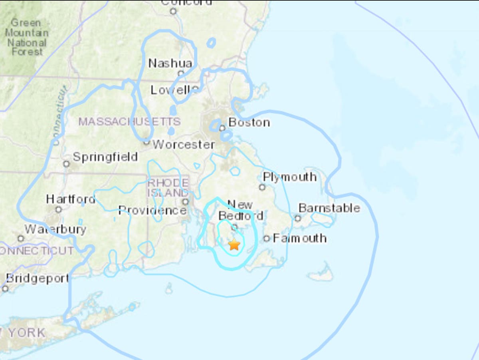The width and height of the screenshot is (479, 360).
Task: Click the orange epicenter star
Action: coord(234,244)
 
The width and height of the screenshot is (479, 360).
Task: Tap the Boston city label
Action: coord(249,122)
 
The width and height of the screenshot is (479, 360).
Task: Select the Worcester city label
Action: coord(184,144)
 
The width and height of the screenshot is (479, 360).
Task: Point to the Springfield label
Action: coord(105,157)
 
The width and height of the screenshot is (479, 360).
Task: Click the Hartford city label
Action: coord(70,199)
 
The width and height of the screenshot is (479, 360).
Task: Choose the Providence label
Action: coord(152,210)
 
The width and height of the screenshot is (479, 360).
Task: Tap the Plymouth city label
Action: coord(290,177)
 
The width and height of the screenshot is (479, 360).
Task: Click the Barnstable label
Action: coord(329,208)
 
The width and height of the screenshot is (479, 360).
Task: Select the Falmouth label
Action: coord(300,239)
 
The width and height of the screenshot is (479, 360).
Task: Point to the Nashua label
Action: coord(170,63)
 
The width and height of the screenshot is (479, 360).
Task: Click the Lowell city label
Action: coord(171,90)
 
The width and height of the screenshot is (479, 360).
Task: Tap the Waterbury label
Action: coord(55,229)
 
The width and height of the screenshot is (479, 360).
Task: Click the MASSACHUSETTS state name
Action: coord(129,121)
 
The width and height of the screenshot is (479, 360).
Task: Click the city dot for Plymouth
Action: coord(262,187)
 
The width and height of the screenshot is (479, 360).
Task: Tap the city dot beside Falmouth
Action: coord(267,239)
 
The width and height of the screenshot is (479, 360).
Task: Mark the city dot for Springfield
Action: coord(66,164)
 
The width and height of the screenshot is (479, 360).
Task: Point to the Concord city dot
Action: coord(173,11)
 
